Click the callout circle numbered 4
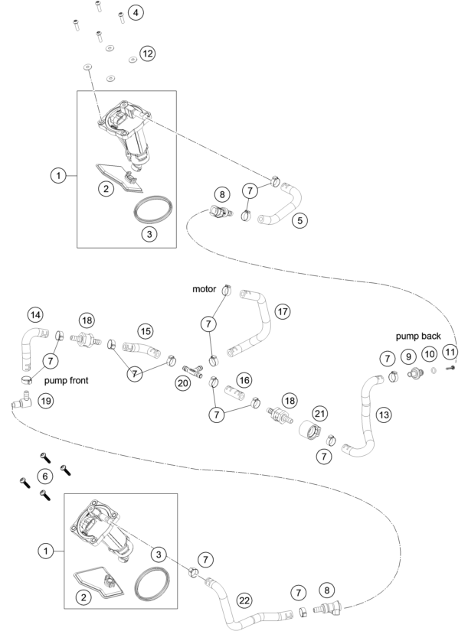click(136, 12)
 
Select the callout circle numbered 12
click(148, 53)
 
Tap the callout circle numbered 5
click(299, 220)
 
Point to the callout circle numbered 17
click(283, 311)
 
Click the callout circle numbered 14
click(35, 314)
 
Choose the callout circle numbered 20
click(183, 382)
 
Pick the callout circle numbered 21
click(319, 413)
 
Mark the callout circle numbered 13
click(384, 414)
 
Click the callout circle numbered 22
click(244, 600)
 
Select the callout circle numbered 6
click(44, 476)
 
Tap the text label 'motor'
click(204, 289)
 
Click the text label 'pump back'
click(418, 336)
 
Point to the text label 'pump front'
click(66, 380)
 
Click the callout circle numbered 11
click(450, 352)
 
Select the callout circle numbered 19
click(46, 401)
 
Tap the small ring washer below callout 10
click(434, 370)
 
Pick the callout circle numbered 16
click(244, 380)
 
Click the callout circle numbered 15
click(146, 331)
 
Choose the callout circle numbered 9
click(408, 356)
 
